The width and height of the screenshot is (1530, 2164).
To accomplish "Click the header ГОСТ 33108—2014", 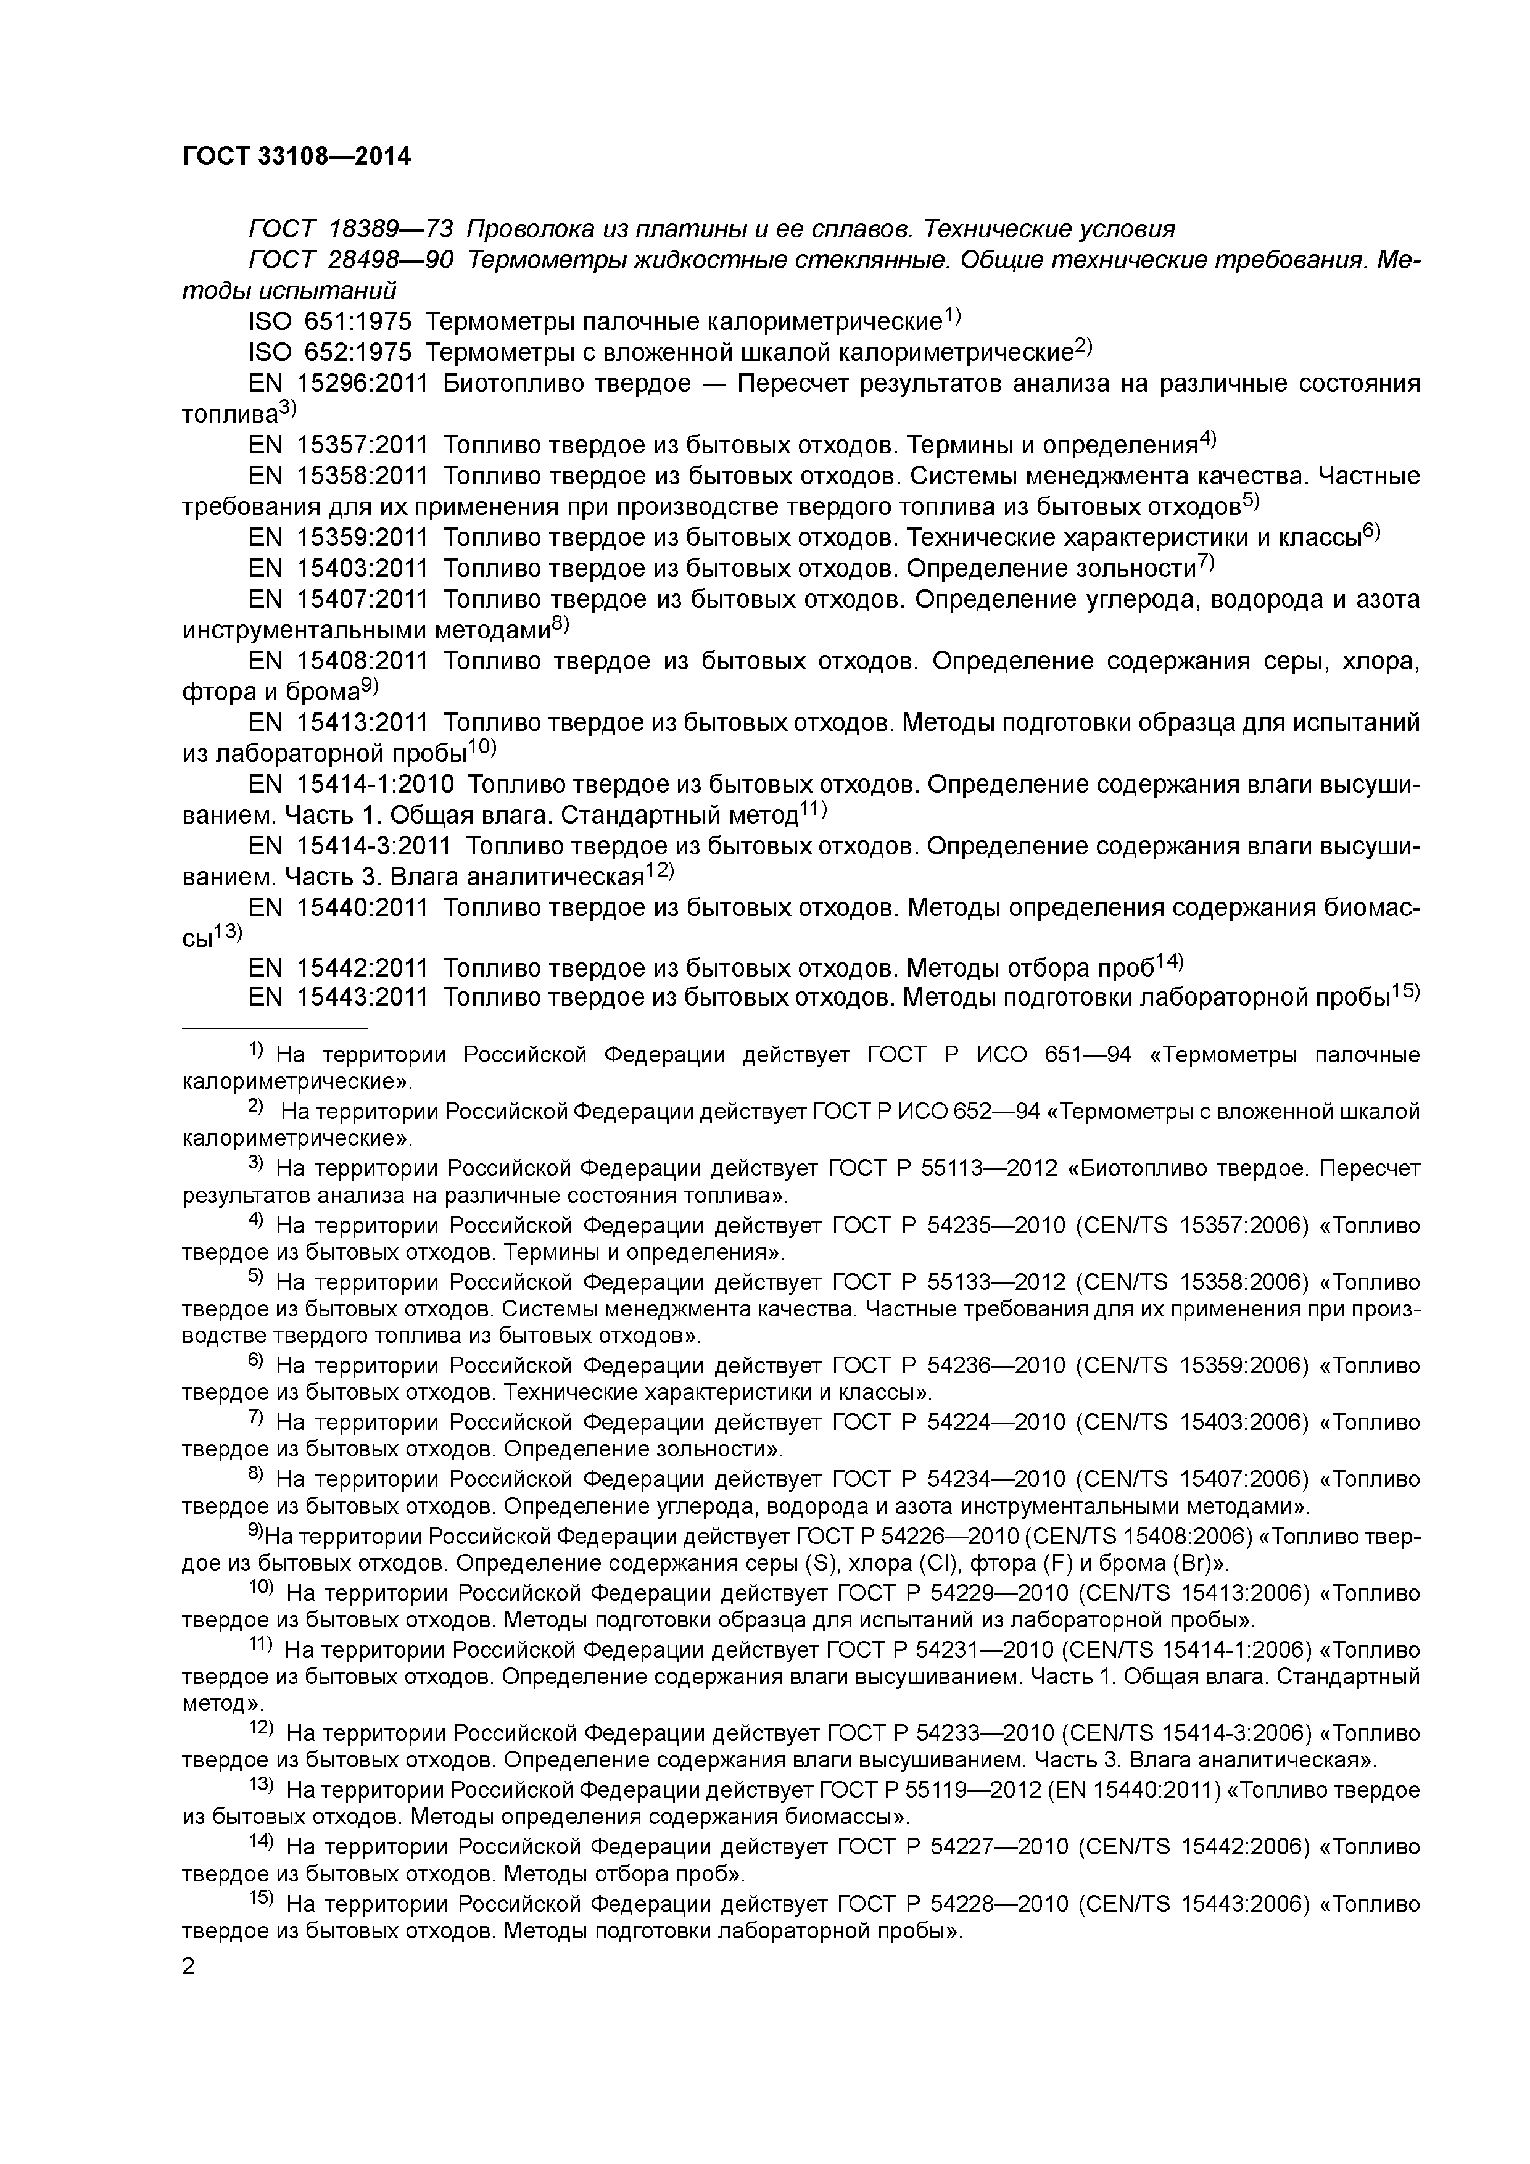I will coord(296,157).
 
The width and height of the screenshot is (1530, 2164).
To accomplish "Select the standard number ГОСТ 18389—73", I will coord(350,229).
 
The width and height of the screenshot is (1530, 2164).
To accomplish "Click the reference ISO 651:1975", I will coord(330,323).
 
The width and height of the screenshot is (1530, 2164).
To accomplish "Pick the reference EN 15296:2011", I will coord(337,384).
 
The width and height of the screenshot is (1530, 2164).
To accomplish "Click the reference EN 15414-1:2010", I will coord(350,784).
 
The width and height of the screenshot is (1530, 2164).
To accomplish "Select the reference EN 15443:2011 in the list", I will coord(337,996).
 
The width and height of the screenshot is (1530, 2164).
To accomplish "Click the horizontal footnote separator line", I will coord(273,1027).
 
